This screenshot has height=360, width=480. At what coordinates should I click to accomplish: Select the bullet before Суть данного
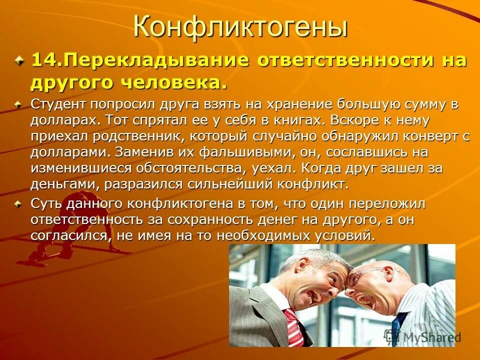tap(18, 204)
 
